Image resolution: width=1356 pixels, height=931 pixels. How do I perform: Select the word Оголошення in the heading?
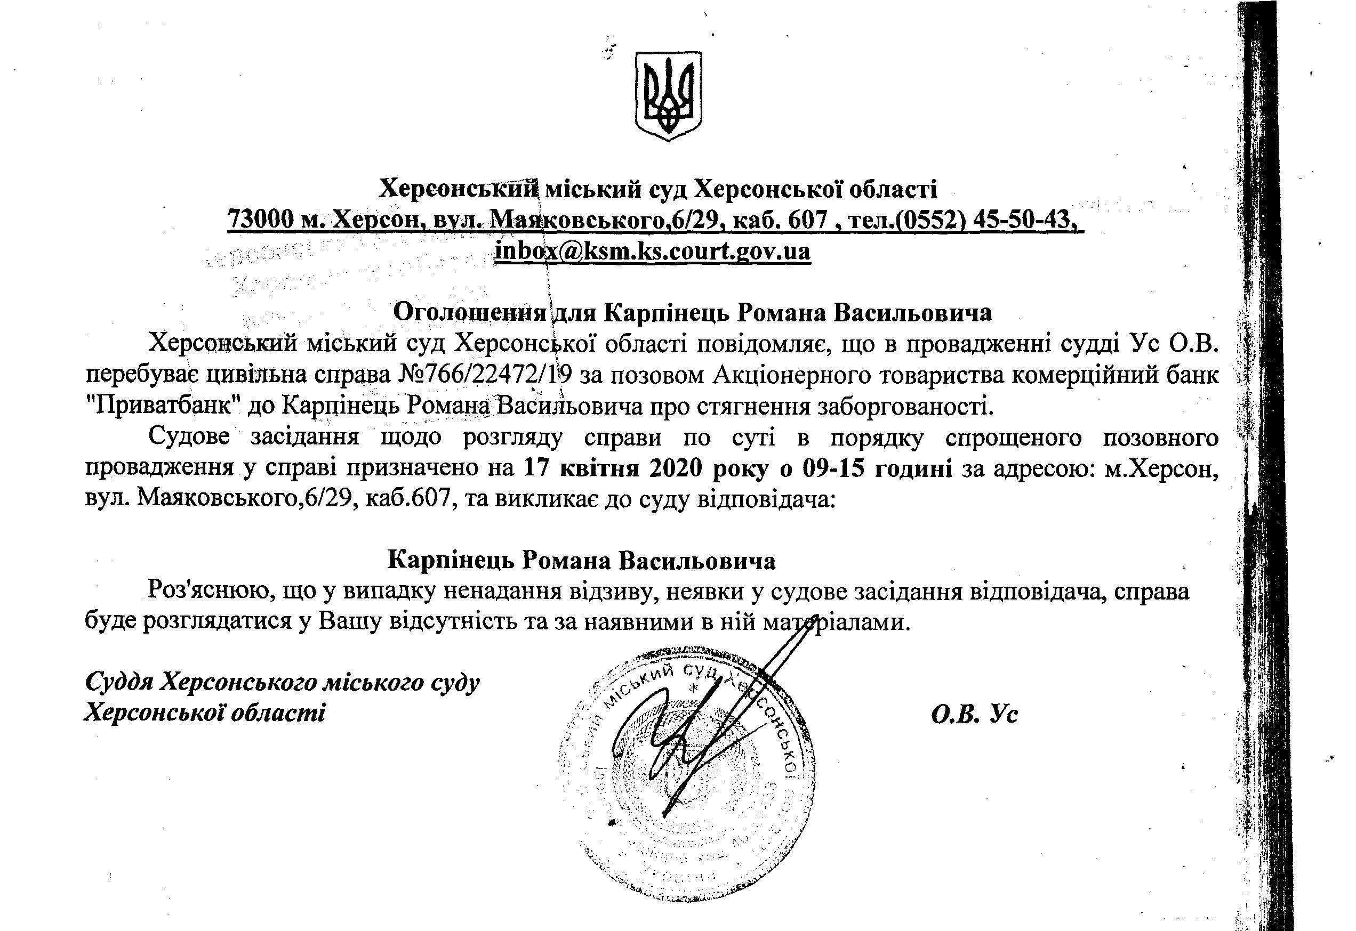pos(471,312)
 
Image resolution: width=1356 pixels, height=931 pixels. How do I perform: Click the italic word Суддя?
pos(119,681)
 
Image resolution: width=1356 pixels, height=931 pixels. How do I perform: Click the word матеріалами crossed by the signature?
pos(836,622)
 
